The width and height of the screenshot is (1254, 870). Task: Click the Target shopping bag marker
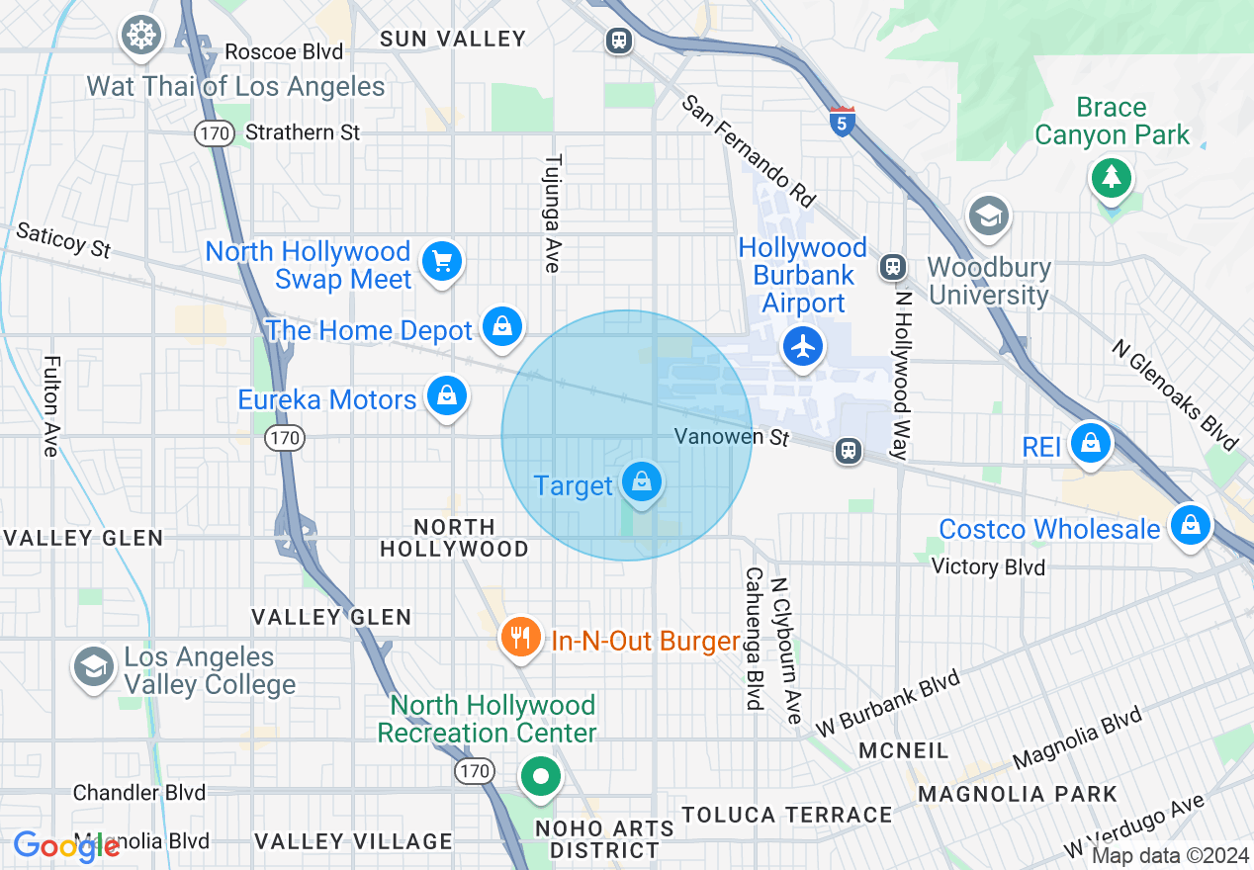click(642, 482)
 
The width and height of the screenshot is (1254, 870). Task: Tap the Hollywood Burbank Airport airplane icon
click(803, 346)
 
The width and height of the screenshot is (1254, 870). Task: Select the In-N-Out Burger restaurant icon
click(519, 638)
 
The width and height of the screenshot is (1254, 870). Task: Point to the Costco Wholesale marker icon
click(1191, 525)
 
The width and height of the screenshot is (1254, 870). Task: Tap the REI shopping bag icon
click(1090, 442)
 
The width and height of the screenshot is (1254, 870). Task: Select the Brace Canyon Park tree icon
click(1112, 178)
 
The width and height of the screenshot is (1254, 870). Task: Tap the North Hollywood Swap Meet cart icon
click(441, 262)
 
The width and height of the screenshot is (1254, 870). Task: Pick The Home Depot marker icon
click(502, 325)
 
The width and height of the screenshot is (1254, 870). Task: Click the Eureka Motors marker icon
click(447, 395)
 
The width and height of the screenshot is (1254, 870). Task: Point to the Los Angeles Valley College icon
click(94, 667)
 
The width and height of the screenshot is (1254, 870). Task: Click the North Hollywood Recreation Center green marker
click(540, 776)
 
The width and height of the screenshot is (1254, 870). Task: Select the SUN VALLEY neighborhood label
click(453, 39)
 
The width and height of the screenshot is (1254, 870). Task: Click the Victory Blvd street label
click(988, 566)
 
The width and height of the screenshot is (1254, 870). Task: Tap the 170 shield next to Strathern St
click(214, 132)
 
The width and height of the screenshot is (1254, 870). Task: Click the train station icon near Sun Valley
click(619, 41)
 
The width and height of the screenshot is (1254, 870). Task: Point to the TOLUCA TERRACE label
click(787, 815)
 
